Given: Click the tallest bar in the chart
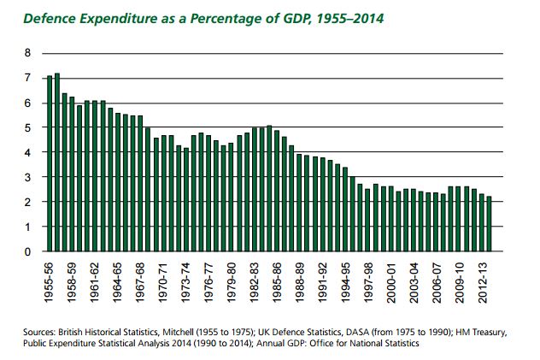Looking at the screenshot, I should [57, 162].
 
